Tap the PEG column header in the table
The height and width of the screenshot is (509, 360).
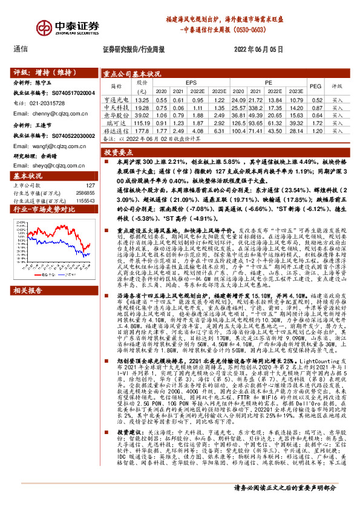pos(315,86)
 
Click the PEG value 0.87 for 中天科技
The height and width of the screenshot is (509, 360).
pos(315,107)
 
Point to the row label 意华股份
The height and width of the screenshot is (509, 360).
pos(117,115)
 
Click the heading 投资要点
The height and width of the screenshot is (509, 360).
pos(119,154)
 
